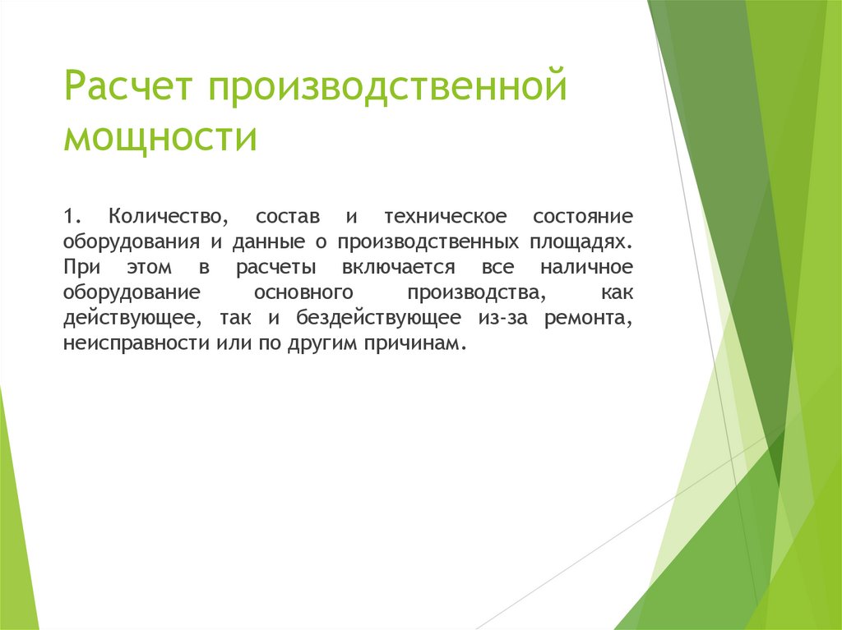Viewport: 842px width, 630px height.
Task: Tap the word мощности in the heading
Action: [x=161, y=137]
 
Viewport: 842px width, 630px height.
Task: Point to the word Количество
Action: [x=168, y=217]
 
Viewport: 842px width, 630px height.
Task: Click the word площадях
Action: [x=590, y=242]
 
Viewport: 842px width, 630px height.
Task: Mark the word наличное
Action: [x=587, y=268]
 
